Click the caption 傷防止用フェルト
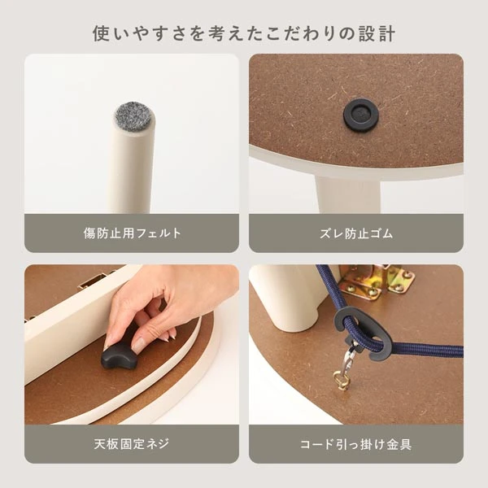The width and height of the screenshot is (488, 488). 132,233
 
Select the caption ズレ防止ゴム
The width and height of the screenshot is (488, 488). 356,233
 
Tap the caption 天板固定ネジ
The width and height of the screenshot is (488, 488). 132,445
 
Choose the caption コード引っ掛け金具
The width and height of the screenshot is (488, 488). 356,445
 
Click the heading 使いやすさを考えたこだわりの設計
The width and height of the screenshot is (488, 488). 244,34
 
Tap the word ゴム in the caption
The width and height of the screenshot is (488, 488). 381,233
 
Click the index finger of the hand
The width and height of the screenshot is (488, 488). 139,335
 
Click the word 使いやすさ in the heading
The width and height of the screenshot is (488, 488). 135,34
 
